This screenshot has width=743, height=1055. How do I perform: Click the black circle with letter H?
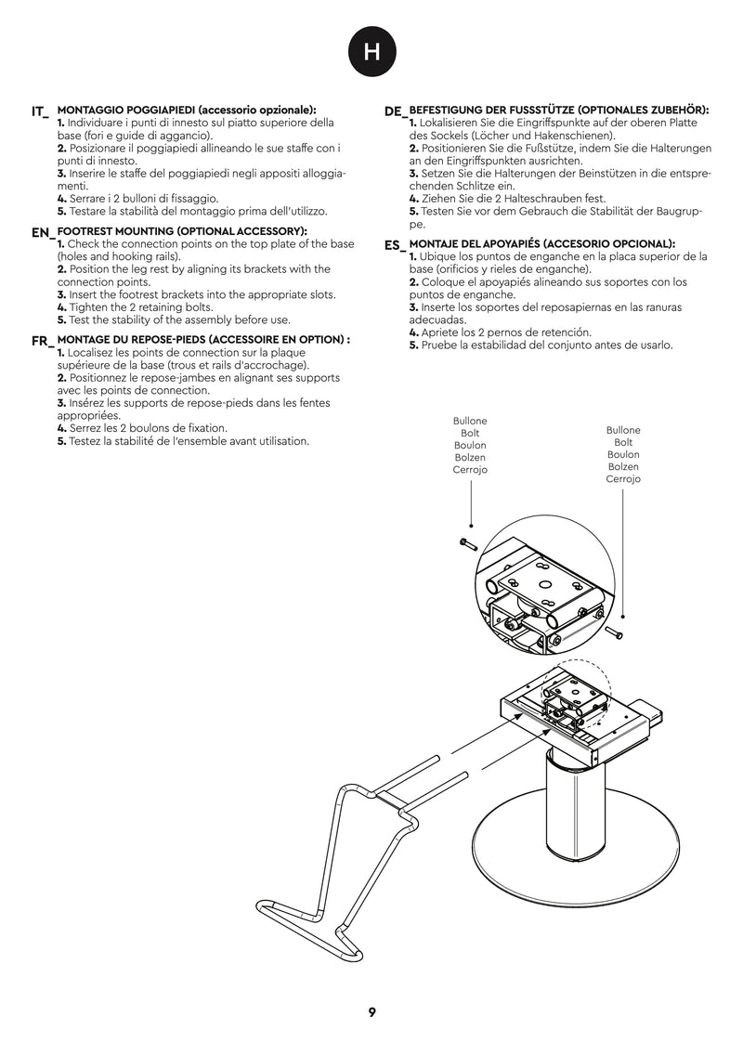click(371, 53)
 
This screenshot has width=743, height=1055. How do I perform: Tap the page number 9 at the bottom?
click(371, 1012)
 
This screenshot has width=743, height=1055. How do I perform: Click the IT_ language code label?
click(40, 112)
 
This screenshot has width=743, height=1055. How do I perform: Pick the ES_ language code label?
click(396, 246)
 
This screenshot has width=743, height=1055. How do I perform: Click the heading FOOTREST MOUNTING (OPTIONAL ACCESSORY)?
click(182, 230)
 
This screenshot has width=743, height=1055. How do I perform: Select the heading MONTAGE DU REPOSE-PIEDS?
click(203, 340)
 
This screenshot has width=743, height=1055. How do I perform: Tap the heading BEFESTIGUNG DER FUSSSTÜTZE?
click(559, 110)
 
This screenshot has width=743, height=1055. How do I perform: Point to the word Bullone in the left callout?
click(470, 421)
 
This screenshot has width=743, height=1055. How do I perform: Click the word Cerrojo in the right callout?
click(623, 479)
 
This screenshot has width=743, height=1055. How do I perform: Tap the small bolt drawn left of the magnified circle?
click(467, 542)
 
